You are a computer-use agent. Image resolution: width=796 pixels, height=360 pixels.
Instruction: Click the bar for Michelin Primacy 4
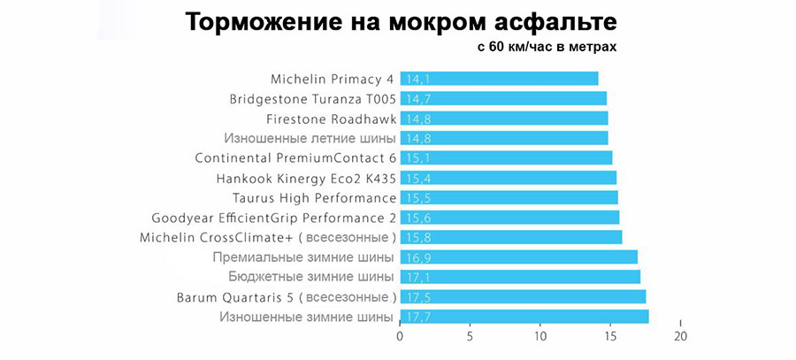(500, 78)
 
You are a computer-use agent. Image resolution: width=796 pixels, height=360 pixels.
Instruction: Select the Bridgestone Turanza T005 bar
(504, 98)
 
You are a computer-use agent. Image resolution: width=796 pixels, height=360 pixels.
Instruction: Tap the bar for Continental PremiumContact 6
(506, 157)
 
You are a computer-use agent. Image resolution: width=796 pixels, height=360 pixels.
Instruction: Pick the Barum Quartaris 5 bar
(523, 296)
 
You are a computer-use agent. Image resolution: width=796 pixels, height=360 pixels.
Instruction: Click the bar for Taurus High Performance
(509, 197)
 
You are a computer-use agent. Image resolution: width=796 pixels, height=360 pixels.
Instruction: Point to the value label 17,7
(419, 317)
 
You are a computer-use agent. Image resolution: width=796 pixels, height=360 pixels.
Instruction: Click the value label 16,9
(419, 257)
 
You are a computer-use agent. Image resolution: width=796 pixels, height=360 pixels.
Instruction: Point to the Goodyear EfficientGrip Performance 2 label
(273, 218)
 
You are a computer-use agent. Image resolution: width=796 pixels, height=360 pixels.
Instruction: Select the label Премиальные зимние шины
(303, 257)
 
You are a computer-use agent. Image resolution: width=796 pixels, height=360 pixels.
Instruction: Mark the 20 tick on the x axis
(679, 336)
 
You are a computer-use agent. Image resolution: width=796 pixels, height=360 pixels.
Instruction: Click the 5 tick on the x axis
(471, 336)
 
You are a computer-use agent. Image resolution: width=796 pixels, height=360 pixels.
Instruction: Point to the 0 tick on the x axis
(401, 336)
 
